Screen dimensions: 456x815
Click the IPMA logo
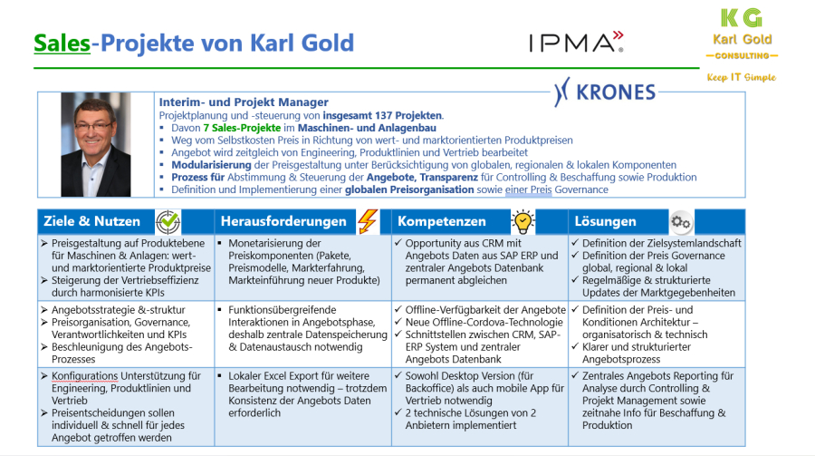point(576,42)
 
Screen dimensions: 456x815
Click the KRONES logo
point(605,92)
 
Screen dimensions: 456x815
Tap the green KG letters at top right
point(741,17)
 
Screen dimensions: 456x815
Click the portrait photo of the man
point(96,145)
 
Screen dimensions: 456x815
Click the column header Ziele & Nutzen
point(90,222)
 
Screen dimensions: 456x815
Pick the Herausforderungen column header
point(282,222)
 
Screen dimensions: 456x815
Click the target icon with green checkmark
point(168,222)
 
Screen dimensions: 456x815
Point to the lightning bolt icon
point(368,222)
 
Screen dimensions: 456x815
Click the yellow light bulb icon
point(523,222)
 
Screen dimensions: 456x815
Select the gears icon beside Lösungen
point(681,222)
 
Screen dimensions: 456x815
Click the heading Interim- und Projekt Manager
point(244,102)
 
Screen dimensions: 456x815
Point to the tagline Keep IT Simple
point(741,78)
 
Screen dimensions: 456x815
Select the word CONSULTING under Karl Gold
point(742,55)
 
